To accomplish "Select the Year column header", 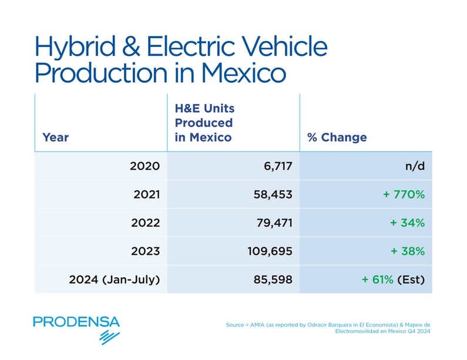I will pos(56,137).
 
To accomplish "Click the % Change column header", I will pos(337,137).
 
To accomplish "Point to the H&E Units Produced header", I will pos(203,123).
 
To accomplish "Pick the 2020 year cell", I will pos(145,166).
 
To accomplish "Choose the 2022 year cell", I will pos(145,223).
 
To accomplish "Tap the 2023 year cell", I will pos(145,251).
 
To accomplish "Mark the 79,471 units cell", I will pos(271,223).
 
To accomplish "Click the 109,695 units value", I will pos(267,251).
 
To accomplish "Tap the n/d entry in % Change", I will pos(414,166).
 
